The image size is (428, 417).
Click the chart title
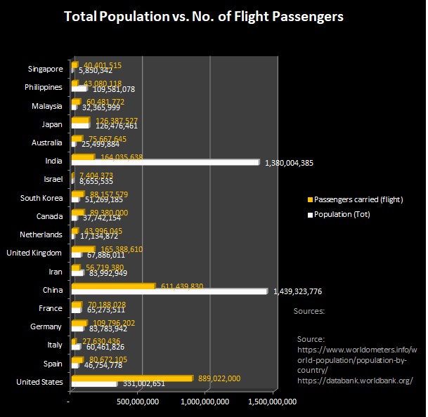[204, 16]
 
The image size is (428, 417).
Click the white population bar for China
[169, 291]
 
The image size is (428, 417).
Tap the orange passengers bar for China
[112, 286]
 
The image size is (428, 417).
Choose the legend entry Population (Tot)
[342, 214]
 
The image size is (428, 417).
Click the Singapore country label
[46, 69]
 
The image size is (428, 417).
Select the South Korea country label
[41, 198]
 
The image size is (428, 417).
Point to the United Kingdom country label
[35, 253]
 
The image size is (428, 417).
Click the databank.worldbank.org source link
[354, 380]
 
